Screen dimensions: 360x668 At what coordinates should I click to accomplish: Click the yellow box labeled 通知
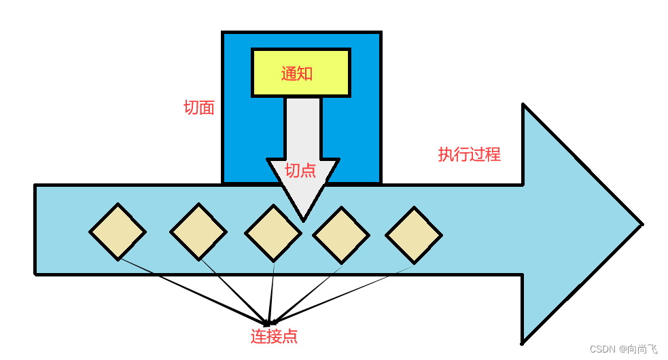click(300, 73)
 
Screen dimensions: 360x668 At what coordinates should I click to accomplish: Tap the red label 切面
click(199, 108)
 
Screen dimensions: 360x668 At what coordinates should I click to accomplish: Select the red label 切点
click(300, 170)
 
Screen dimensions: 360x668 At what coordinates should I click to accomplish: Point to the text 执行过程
click(469, 154)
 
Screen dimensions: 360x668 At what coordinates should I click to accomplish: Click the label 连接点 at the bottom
click(274, 336)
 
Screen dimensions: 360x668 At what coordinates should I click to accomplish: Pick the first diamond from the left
click(118, 232)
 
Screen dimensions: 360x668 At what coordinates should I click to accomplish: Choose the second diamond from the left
click(198, 232)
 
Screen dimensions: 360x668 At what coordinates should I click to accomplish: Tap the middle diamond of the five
click(273, 233)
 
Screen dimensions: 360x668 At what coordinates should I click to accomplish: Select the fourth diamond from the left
click(341, 234)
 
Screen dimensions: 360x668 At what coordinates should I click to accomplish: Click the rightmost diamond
click(414, 235)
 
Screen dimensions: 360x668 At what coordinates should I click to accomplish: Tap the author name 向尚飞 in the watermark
click(642, 349)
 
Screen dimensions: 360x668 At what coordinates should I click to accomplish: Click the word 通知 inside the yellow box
click(298, 73)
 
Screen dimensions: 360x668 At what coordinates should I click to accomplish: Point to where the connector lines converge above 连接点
click(268, 322)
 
